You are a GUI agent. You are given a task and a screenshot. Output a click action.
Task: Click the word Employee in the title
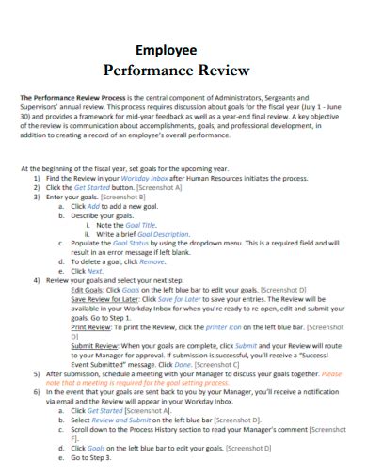point(167,50)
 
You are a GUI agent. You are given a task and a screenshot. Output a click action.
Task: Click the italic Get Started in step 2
point(90,187)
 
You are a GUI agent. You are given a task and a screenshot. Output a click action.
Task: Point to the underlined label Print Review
point(93,326)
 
